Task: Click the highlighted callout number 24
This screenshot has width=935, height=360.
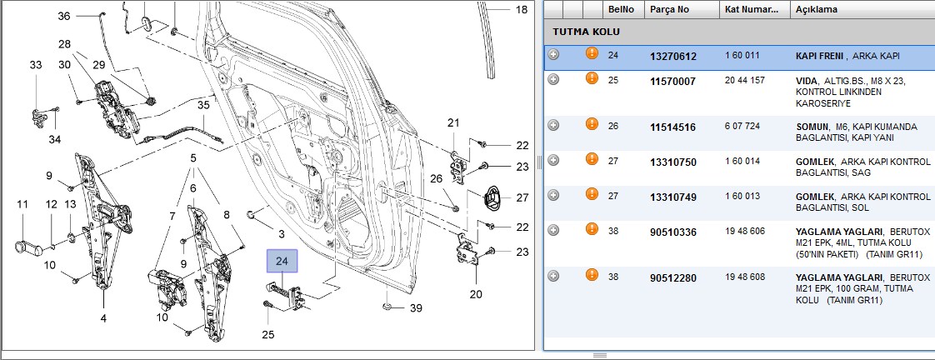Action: [282, 261]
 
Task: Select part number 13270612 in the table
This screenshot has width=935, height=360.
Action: [673, 56]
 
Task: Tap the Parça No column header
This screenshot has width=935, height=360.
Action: [669, 9]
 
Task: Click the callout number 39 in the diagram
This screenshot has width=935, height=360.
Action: [416, 307]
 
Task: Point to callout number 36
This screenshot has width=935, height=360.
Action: [64, 16]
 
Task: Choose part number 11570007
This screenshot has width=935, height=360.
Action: [672, 81]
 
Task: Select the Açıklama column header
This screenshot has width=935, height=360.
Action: [817, 9]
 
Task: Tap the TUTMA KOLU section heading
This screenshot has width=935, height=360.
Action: [586, 32]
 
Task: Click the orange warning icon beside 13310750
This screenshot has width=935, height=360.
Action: [592, 159]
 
